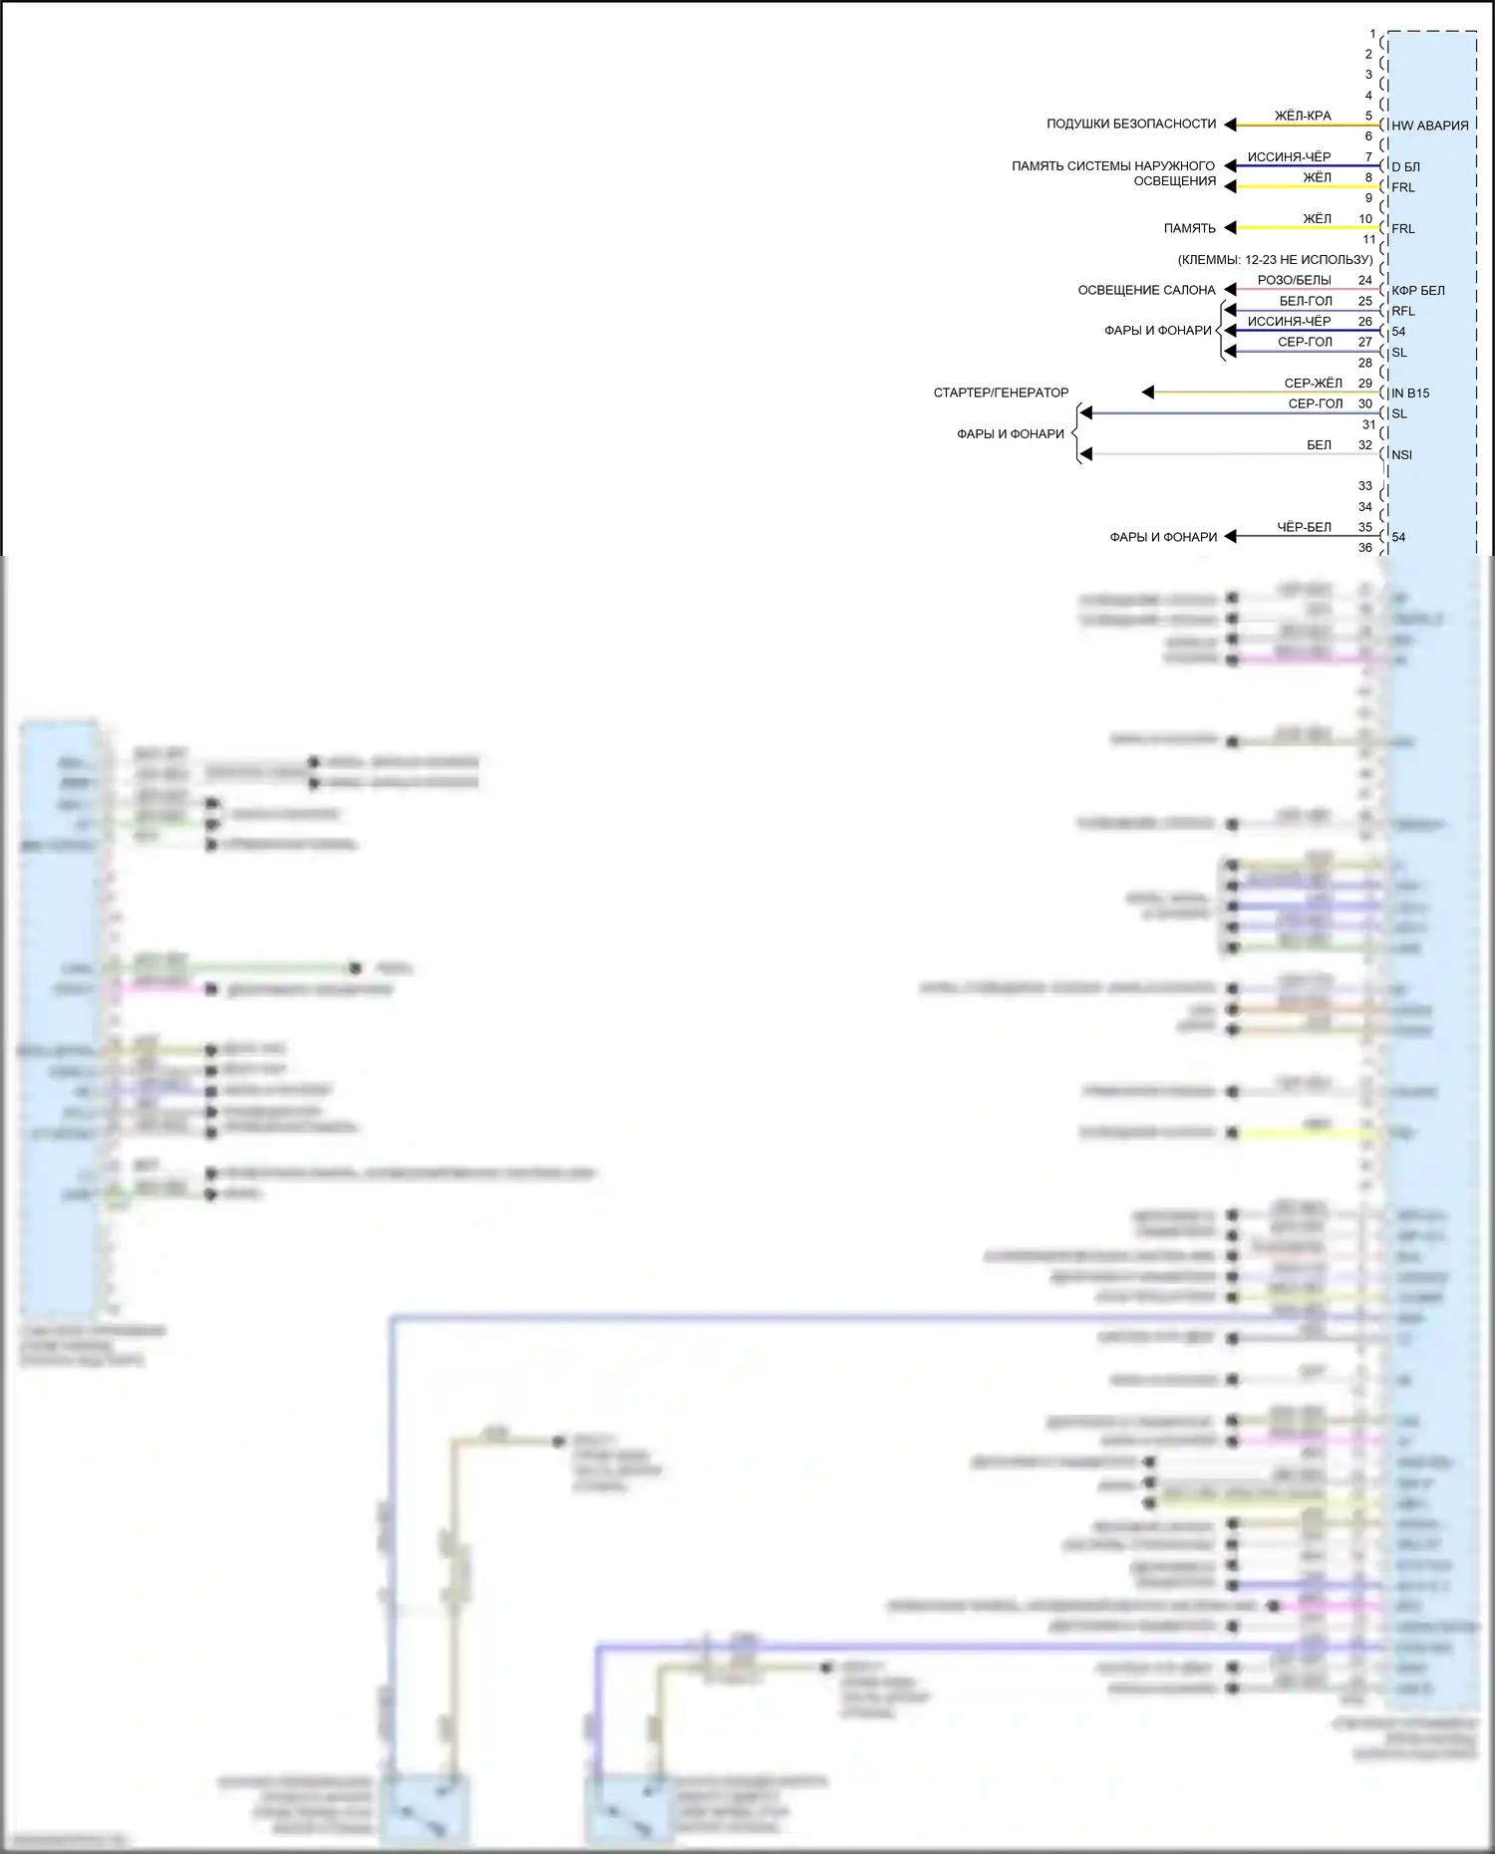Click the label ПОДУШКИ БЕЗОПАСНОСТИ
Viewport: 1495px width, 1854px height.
click(1130, 125)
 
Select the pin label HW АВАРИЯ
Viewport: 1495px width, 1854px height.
click(1429, 126)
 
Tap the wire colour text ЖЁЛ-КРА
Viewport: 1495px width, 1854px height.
click(1303, 116)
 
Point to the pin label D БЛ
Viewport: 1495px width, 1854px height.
click(1405, 166)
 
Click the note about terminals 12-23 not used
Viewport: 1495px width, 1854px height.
click(1275, 260)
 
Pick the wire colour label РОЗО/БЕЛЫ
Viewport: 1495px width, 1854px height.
click(1294, 281)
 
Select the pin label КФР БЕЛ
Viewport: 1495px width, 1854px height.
click(1417, 291)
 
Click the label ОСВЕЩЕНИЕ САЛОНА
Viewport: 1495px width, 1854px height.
click(1146, 291)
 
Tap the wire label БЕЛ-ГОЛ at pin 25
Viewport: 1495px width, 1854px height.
click(1306, 301)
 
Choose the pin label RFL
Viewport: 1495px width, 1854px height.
click(1402, 311)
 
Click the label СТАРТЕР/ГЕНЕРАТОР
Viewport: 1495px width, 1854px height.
click(1001, 394)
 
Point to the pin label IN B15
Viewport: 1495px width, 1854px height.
click(1409, 394)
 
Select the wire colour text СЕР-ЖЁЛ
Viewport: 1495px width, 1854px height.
click(1313, 384)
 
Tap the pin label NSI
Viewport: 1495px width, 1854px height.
click(1401, 455)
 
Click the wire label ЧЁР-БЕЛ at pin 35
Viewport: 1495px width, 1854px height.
click(1304, 527)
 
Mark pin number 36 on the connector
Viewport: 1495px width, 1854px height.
click(1364, 548)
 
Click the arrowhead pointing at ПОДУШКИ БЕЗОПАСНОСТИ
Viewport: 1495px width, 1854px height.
click(1230, 125)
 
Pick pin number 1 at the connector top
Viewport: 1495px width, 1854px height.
click(1372, 34)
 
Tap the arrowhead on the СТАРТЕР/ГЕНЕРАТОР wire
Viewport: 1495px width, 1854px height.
click(1148, 393)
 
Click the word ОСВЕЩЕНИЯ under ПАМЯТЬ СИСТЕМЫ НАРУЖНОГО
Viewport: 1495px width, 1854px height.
click(1174, 181)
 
